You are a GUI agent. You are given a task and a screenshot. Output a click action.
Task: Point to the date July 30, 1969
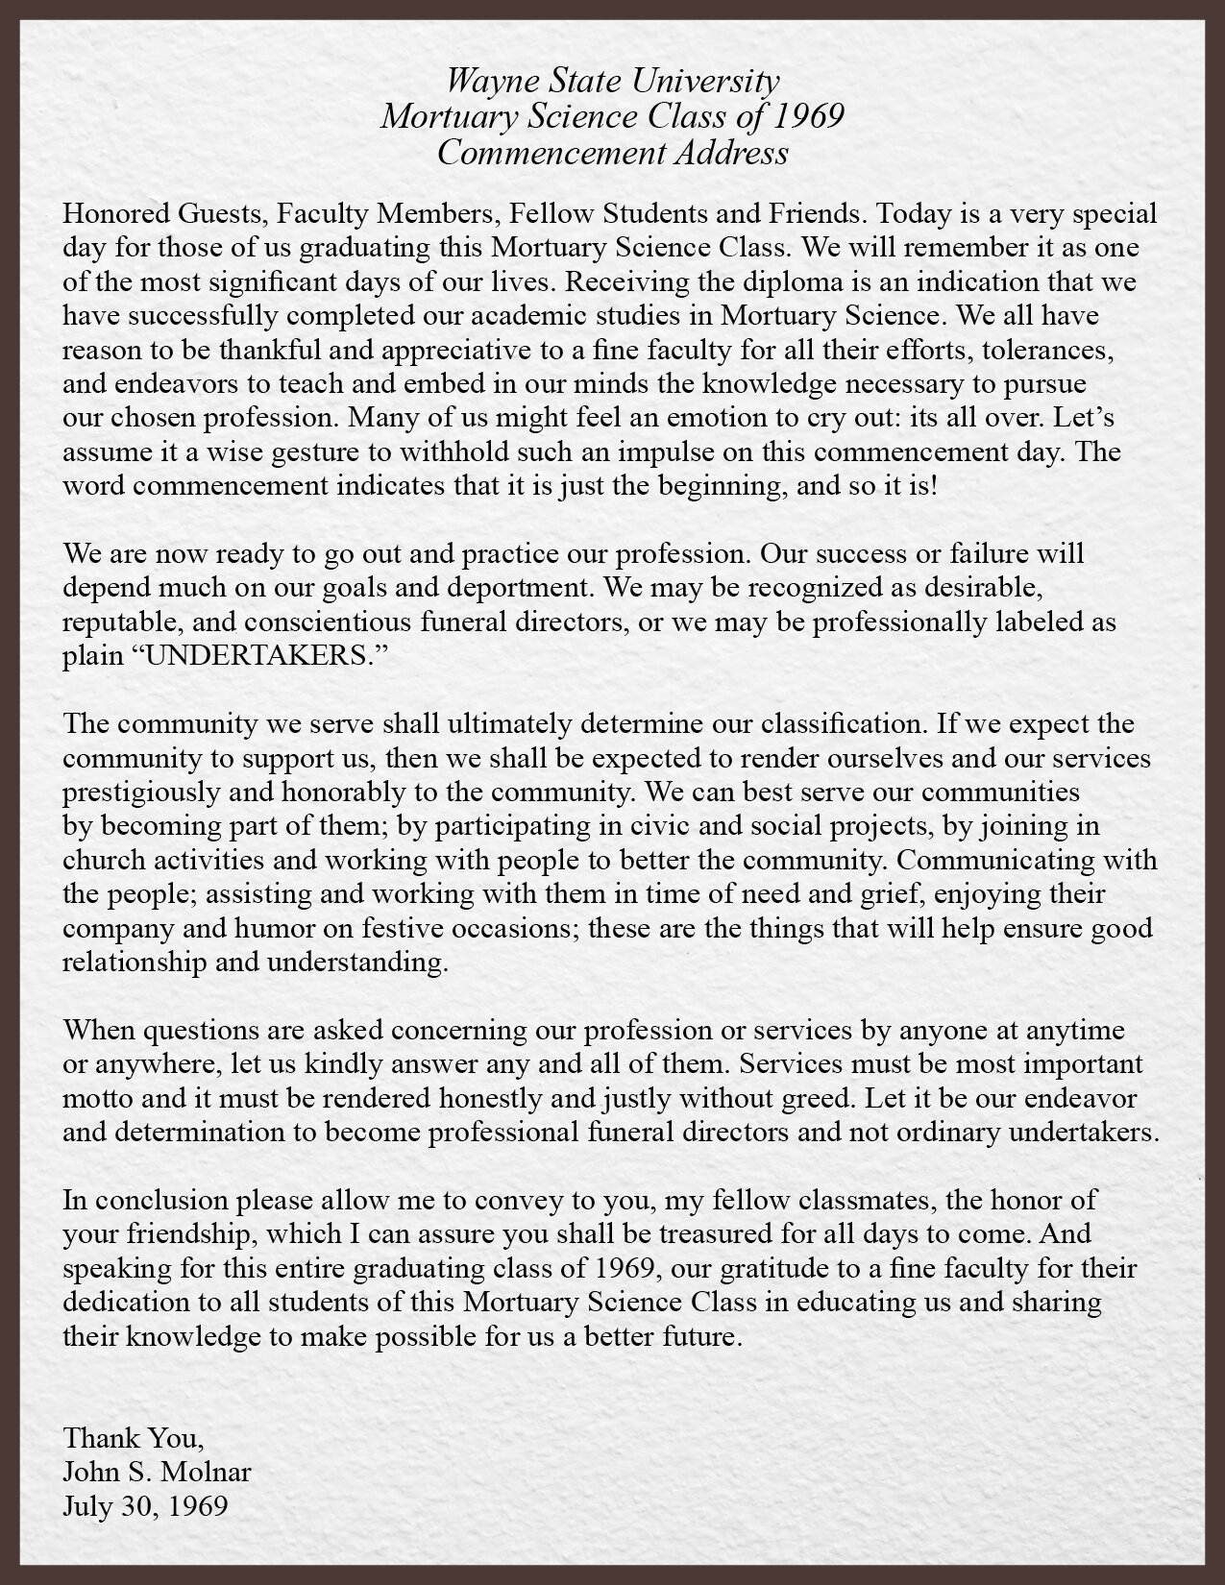145,1506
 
